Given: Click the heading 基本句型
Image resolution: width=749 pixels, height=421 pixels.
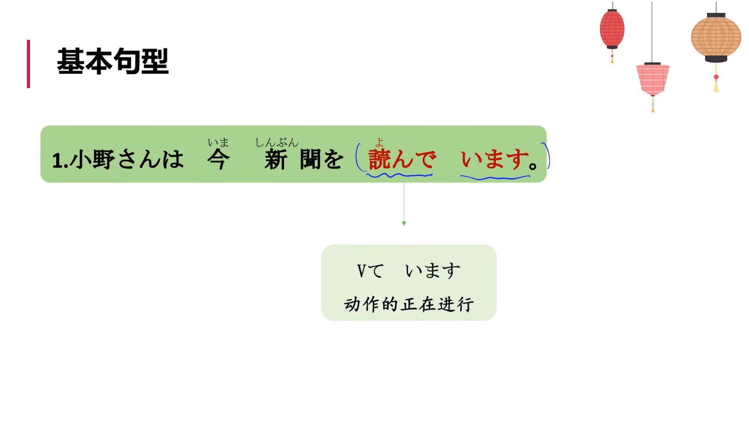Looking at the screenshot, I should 113,62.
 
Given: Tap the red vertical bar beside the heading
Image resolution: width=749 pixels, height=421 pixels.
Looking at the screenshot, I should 28,64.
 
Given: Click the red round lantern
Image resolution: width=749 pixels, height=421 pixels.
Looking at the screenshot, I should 612,29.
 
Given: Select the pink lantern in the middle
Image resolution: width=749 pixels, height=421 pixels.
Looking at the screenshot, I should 653,79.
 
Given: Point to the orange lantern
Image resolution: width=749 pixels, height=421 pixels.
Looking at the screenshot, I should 716,37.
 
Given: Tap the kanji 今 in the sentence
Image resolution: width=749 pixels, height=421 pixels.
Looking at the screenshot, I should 218,159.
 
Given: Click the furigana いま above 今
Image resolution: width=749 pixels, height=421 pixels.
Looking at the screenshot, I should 218,142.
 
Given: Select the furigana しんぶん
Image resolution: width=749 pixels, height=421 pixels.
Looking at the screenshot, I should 277,143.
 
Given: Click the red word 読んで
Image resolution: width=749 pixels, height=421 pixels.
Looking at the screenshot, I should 402,159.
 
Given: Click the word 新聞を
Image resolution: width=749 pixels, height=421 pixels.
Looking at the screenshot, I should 304,160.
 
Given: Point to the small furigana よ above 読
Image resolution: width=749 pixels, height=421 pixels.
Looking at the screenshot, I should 379,142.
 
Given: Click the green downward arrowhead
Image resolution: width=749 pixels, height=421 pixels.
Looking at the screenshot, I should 404,223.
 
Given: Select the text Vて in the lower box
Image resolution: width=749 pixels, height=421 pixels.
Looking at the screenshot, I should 370,271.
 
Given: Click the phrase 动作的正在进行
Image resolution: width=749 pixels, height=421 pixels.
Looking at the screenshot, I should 409,304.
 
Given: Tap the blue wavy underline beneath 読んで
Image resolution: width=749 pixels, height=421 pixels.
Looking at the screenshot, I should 399,176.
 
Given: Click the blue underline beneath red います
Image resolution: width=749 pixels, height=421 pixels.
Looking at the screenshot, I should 495,178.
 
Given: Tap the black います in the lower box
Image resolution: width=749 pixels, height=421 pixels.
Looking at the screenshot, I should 433,271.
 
